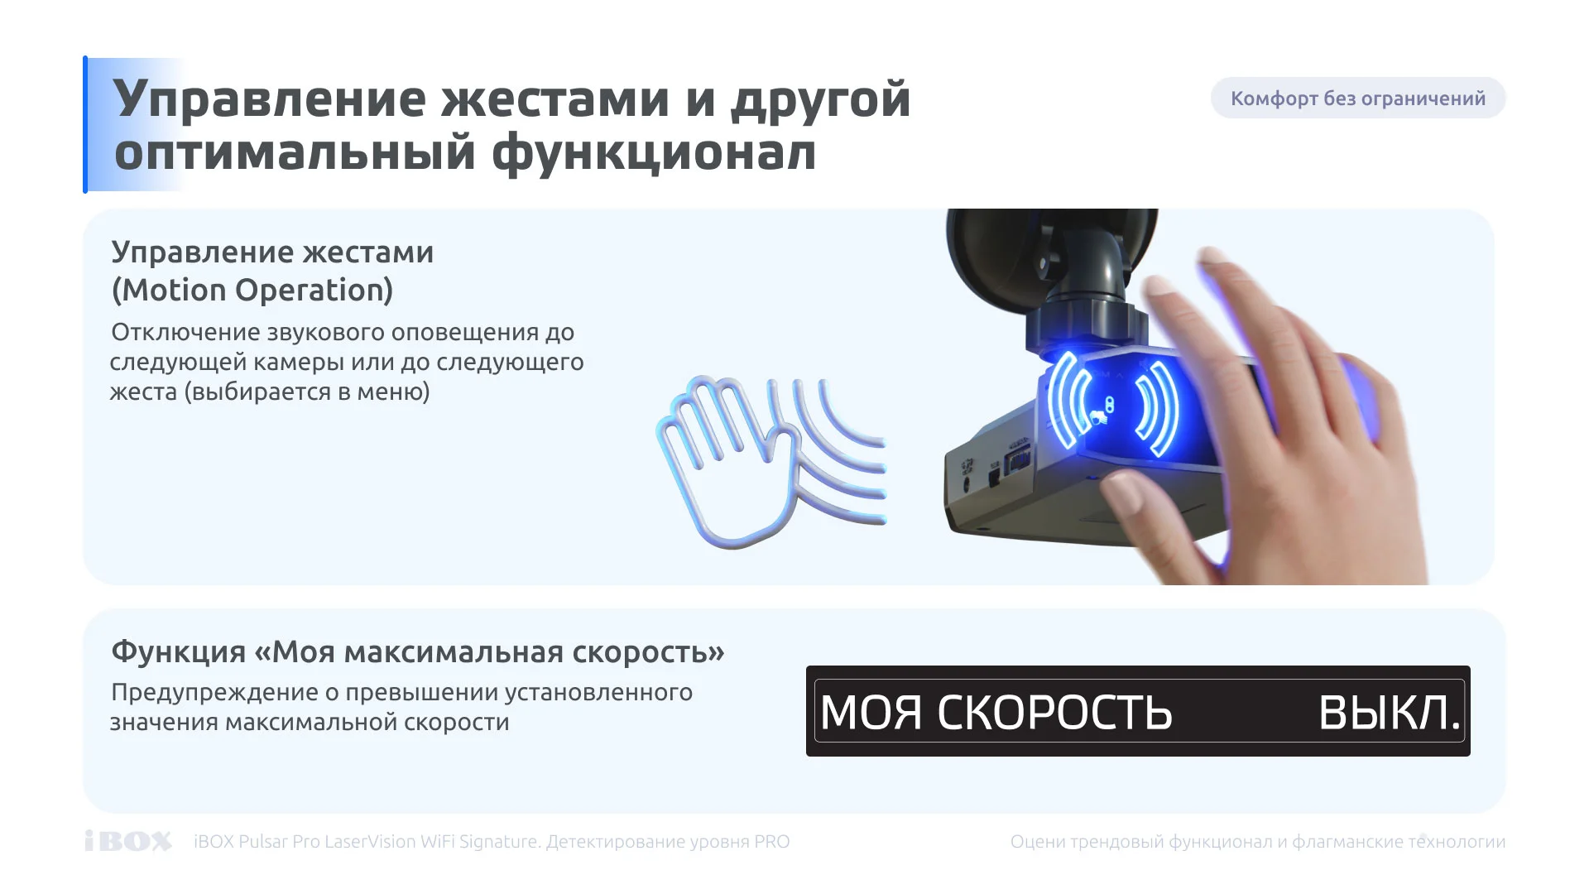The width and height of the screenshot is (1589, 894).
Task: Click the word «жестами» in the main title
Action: (554, 99)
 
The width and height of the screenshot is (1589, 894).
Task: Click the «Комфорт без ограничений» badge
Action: (1357, 99)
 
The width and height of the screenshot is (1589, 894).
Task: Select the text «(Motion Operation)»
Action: (252, 291)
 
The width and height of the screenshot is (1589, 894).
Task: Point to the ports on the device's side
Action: (997, 468)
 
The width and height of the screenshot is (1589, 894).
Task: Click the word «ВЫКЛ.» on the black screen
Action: (1390, 713)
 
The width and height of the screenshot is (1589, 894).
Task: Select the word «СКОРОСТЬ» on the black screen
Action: (1054, 713)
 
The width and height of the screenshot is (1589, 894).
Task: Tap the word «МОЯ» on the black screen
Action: (871, 713)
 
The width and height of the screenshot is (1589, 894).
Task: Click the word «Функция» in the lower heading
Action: (179, 653)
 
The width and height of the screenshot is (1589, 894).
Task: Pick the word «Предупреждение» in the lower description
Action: (214, 694)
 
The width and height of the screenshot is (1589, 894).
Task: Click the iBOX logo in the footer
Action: (128, 841)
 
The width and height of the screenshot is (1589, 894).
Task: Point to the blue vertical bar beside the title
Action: (85, 124)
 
